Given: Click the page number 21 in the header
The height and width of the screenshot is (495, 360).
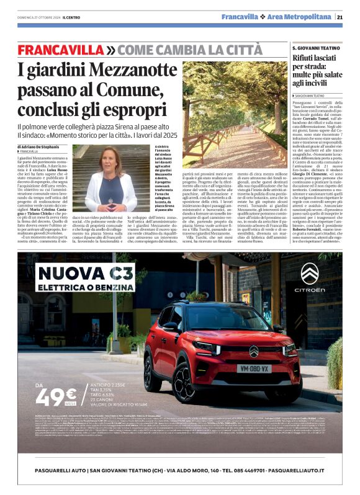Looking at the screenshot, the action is tap(340, 17).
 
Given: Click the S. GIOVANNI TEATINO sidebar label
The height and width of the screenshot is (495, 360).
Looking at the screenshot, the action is tap(316, 48).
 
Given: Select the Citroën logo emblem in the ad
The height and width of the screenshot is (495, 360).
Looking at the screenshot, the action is tap(308, 274).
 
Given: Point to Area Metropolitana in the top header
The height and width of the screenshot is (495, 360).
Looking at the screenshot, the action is tap(301, 17).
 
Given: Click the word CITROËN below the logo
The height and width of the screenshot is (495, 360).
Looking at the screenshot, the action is tap(308, 290).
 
